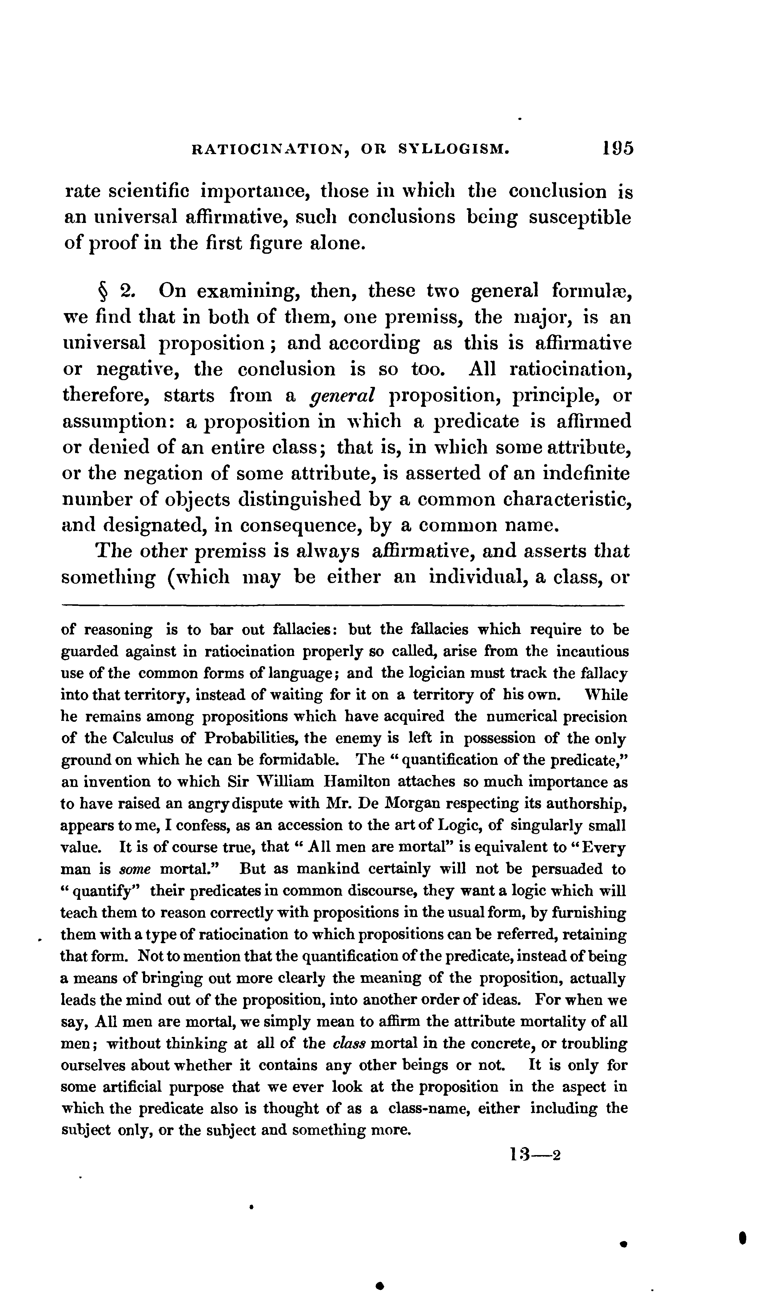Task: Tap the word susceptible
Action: (x=580, y=218)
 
